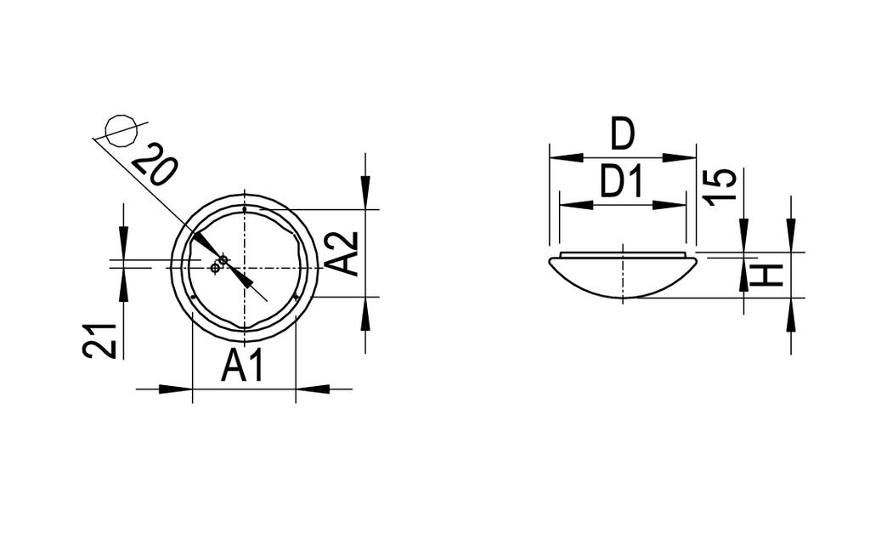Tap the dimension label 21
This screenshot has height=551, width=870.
(x=100, y=340)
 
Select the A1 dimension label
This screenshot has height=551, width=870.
(x=242, y=366)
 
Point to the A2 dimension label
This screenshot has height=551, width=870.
(x=342, y=253)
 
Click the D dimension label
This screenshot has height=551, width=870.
(x=622, y=133)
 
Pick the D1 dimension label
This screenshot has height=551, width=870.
(x=621, y=182)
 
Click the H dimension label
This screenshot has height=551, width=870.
(x=766, y=276)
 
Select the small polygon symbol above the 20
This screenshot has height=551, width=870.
(x=121, y=131)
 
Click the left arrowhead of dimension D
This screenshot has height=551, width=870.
(x=566, y=158)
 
